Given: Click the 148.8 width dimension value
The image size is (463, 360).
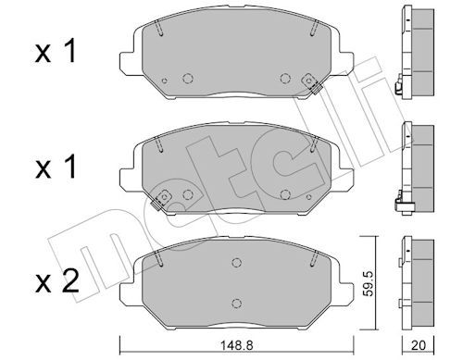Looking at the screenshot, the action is click(237, 345).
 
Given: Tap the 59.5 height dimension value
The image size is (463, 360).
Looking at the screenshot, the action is click(368, 284).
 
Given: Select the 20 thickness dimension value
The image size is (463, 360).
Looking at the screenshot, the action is click(419, 345).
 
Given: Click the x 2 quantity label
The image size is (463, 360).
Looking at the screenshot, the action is click(57, 282).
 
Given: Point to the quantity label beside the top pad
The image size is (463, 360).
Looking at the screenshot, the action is click(56, 52).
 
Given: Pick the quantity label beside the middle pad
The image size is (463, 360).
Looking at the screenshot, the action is click(56, 167).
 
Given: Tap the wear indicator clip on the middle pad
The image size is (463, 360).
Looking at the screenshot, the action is click(161, 199).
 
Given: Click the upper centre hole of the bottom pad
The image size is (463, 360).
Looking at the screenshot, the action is click(236, 263).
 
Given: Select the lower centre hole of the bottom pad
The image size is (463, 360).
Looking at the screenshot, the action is click(236, 304).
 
